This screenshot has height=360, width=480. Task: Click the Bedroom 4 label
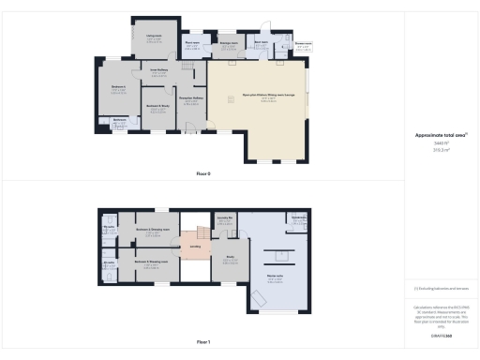118,86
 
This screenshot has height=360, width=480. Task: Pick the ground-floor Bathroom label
120,119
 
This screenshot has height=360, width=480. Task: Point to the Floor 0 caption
203,174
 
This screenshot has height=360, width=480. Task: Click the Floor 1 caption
203,342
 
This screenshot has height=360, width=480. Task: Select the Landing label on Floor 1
196,247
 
